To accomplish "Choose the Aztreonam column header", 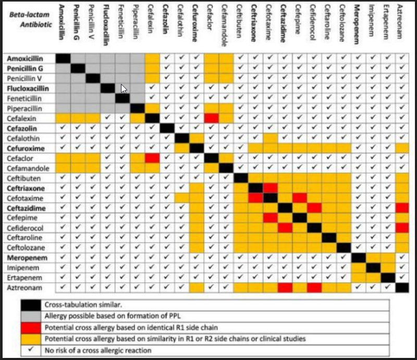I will [402, 21].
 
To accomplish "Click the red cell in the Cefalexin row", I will [211, 118].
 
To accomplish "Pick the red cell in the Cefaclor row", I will [152, 158].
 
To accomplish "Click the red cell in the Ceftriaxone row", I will [270, 188].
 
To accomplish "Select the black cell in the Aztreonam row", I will [402, 287].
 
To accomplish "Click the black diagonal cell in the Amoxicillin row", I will [64, 58].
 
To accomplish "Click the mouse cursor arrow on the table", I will [124, 89].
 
